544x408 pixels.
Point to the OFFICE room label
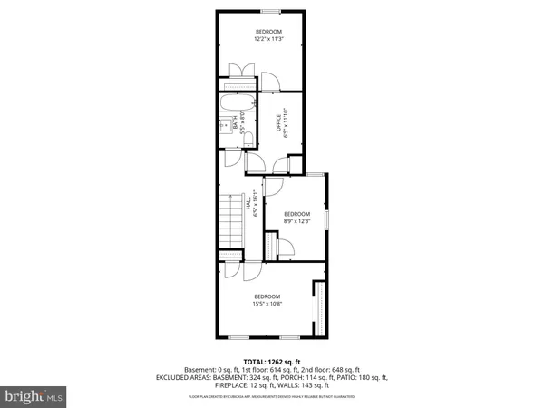(x=278, y=121)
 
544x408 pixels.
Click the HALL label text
(x=249, y=207)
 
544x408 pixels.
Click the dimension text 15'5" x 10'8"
(x=267, y=304)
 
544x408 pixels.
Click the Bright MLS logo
(x=34, y=396)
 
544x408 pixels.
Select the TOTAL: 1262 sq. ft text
(x=271, y=361)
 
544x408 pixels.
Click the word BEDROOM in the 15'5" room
(x=267, y=296)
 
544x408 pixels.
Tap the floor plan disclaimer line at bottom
(x=271, y=396)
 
